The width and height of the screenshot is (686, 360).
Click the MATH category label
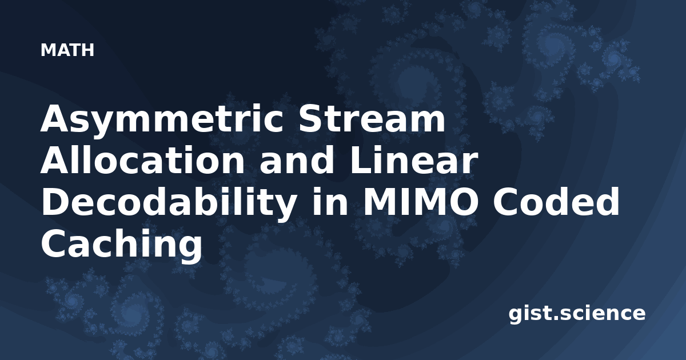point(67,50)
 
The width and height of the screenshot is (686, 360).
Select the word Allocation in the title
point(142,160)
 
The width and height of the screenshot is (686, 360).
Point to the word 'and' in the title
point(297,160)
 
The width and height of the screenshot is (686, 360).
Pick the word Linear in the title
point(413,161)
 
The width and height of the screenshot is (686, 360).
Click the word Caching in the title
point(121,245)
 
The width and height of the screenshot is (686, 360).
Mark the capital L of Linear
point(361,160)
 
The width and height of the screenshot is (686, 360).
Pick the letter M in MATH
point(47,50)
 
